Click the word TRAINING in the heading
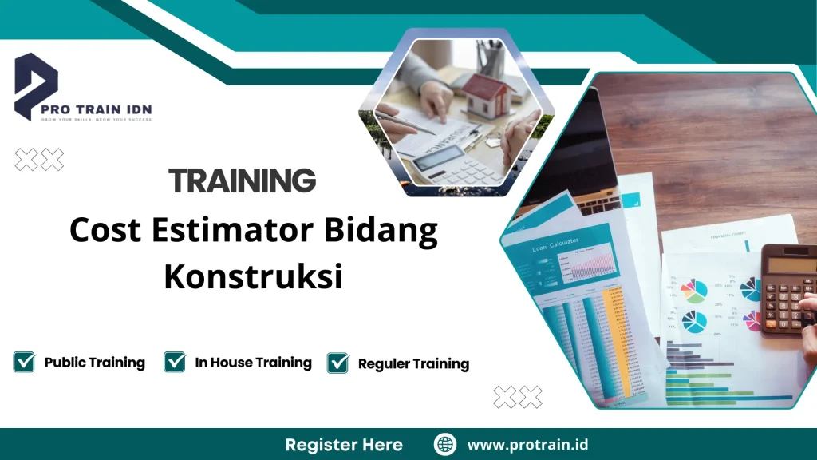pyautogui.click(x=242, y=181)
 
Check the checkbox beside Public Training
pyautogui.click(x=24, y=362)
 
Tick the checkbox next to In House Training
pyautogui.click(x=175, y=362)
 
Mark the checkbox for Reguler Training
pyautogui.click(x=338, y=363)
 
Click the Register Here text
pyautogui.click(x=344, y=444)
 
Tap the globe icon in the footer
pyautogui.click(x=445, y=444)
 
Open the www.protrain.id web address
pyautogui.click(x=527, y=444)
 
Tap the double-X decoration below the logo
pyautogui.click(x=40, y=160)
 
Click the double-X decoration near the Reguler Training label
pyautogui.click(x=517, y=396)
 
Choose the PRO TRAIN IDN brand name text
pyautogui.click(x=109, y=109)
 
